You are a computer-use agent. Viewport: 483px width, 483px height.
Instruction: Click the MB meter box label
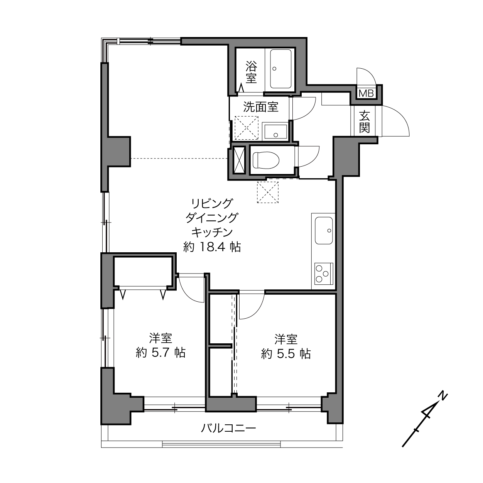pyautogui.click(x=366, y=93)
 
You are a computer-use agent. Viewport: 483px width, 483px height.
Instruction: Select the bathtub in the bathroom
pyautogui.click(x=280, y=69)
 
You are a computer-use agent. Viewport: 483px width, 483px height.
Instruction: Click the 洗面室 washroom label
pyautogui.click(x=261, y=107)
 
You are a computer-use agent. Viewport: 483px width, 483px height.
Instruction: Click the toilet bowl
pyautogui.click(x=266, y=160)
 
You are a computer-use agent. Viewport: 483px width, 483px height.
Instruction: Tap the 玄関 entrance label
pyautogui.click(x=364, y=122)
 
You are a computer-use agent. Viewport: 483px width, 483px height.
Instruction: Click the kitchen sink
pyautogui.click(x=324, y=230)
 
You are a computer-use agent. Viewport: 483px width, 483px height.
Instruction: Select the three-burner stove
pyautogui.click(x=324, y=274)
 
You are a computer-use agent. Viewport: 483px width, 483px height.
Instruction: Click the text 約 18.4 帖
pyautogui.click(x=212, y=247)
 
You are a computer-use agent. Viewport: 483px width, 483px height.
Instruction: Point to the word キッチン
pyautogui.click(x=212, y=233)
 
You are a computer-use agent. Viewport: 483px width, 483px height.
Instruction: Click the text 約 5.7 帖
pyautogui.click(x=160, y=353)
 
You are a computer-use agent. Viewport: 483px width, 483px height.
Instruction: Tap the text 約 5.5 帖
pyautogui.click(x=286, y=354)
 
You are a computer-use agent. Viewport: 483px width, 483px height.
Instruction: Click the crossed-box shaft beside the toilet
pyautogui.click(x=239, y=160)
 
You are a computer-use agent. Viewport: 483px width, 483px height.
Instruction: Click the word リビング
pyautogui.click(x=212, y=203)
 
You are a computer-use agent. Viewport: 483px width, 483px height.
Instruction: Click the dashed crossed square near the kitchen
pyautogui.click(x=268, y=192)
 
